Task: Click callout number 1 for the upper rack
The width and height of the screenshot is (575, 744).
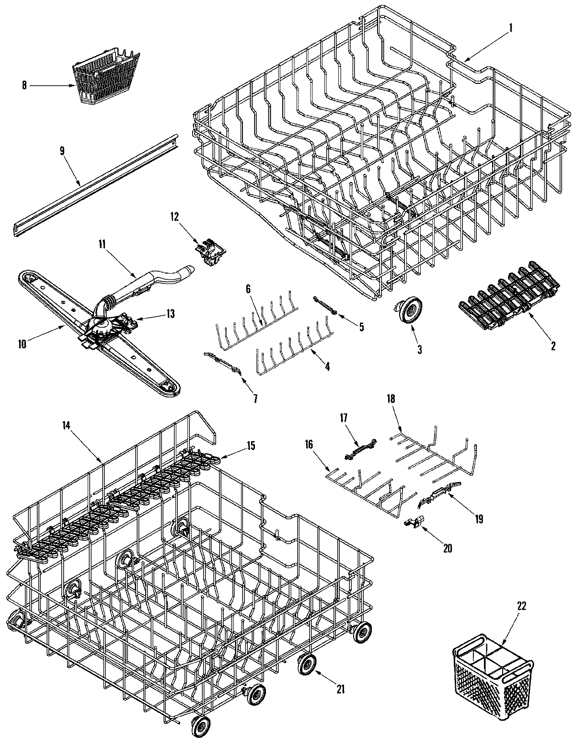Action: click(510, 28)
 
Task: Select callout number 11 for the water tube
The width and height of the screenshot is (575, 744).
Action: click(102, 244)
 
